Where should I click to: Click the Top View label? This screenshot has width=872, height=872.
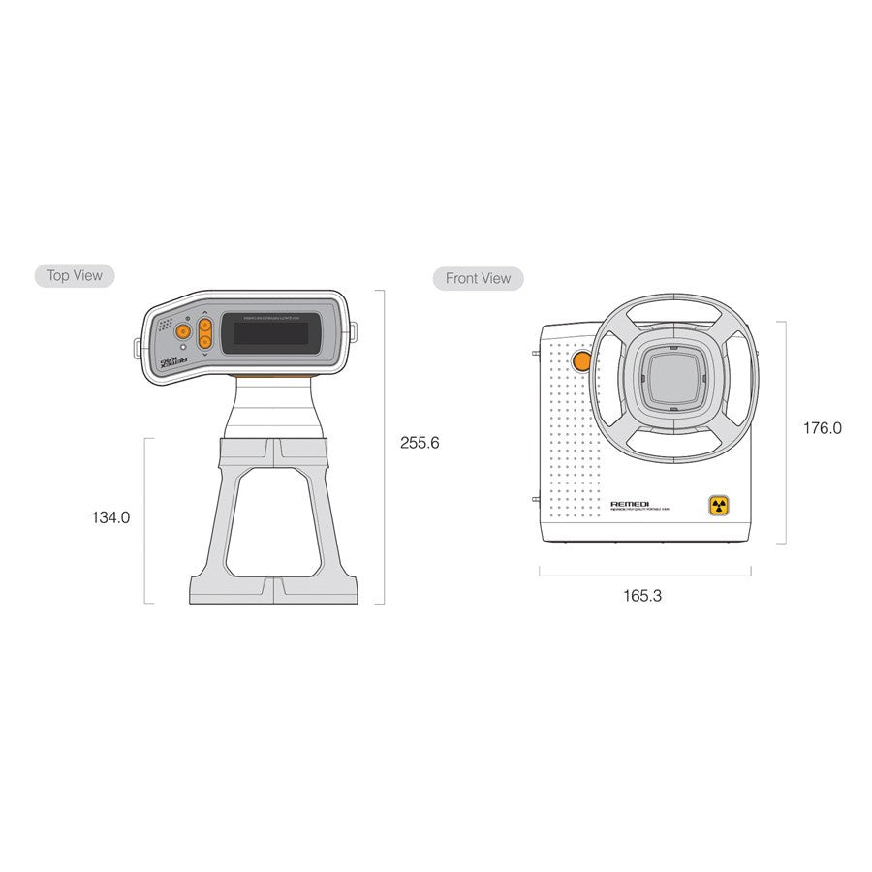pyautogui.click(x=74, y=276)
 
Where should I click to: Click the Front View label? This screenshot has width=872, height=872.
pyautogui.click(x=478, y=279)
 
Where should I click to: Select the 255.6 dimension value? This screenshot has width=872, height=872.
pyautogui.click(x=420, y=443)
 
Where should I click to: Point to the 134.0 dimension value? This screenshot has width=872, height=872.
pyautogui.click(x=110, y=517)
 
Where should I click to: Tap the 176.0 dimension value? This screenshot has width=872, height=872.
pyautogui.click(x=822, y=427)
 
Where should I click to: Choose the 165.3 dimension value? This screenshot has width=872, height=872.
pyautogui.click(x=642, y=596)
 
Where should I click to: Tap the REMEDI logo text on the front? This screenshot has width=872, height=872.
pyautogui.click(x=630, y=504)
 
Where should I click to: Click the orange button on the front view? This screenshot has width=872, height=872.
pyautogui.click(x=581, y=361)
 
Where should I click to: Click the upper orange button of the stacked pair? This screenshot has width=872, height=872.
pyautogui.click(x=205, y=326)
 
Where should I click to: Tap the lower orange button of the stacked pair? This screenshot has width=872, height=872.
pyautogui.click(x=205, y=341)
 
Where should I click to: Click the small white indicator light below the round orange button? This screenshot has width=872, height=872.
pyautogui.click(x=183, y=346)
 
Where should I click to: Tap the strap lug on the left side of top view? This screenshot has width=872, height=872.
pyautogui.click(x=137, y=347)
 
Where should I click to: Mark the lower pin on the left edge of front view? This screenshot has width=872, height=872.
pyautogui.click(x=536, y=499)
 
